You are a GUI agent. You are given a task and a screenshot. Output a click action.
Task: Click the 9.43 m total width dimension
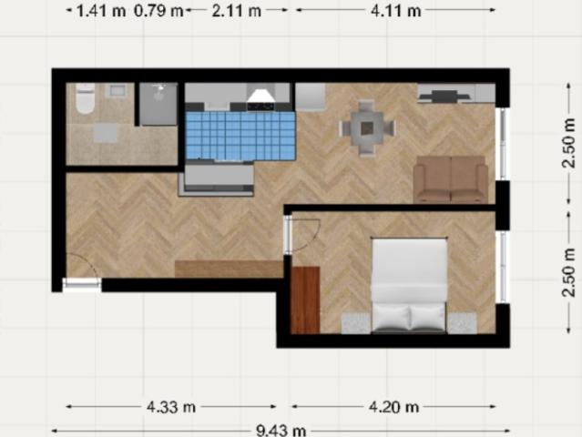click(281, 431)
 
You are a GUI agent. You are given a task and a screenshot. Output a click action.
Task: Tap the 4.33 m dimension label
click(171, 407)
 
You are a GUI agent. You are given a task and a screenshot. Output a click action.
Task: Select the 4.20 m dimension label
click(393, 407)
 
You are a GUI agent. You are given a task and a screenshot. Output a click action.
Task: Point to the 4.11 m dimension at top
click(396, 11)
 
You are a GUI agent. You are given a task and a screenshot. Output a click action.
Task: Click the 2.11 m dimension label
click(237, 11)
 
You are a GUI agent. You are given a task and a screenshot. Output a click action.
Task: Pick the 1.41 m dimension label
click(101, 11)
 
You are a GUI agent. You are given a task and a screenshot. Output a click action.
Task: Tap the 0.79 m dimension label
click(158, 11)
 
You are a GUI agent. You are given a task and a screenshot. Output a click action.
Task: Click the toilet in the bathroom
click(86, 98)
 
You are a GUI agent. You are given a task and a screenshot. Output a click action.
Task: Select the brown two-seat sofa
click(451, 179)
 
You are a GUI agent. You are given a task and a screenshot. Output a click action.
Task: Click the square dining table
click(367, 128)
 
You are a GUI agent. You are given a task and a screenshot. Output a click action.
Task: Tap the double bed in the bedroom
click(409, 285)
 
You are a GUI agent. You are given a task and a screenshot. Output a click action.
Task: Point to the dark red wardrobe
click(305, 300)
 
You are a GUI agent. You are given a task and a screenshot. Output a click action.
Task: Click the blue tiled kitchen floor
click(240, 136)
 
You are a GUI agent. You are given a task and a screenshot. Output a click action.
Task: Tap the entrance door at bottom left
click(82, 285)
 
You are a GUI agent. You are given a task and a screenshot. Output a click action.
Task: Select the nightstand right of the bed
click(462, 322)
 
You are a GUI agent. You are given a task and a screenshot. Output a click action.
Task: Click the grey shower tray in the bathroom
click(158, 104)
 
